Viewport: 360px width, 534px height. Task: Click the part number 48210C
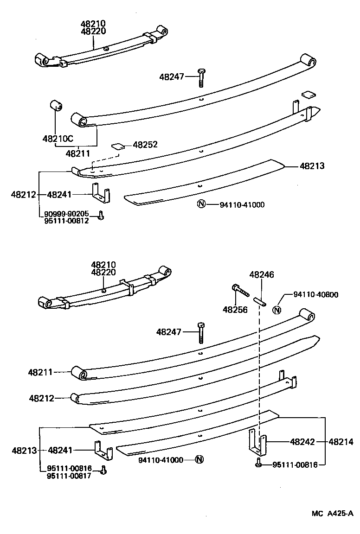click(x=58, y=138)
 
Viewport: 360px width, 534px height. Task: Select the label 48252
click(x=145, y=145)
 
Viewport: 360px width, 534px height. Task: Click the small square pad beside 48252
click(x=118, y=146)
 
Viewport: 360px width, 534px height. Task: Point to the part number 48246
click(x=262, y=274)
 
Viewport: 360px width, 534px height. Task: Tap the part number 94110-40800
click(x=316, y=294)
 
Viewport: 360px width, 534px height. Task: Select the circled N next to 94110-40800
click(x=277, y=310)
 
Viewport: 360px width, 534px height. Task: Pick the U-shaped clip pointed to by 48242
click(x=257, y=443)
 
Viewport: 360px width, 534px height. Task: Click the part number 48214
click(x=341, y=442)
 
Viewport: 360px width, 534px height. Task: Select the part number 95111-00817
click(x=69, y=475)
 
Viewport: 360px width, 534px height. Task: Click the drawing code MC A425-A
click(x=332, y=513)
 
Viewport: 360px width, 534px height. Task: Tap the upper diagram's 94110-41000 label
click(x=242, y=204)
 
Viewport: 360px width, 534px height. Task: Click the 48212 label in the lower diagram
click(x=42, y=398)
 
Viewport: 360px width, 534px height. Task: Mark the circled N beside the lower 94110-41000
click(x=199, y=460)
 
